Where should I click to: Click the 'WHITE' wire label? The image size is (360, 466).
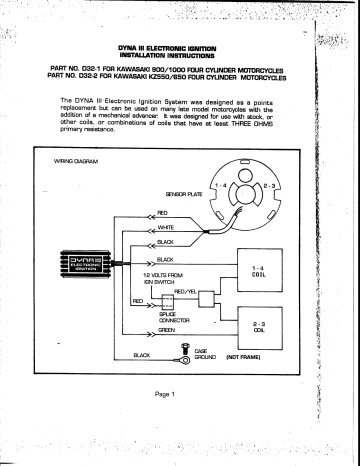coord(165,228)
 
